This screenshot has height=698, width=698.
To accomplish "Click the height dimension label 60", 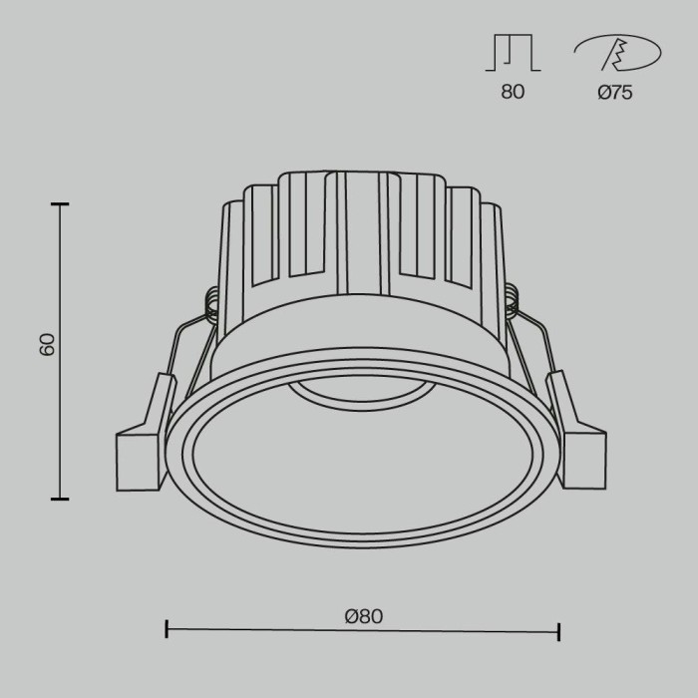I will point(47,345).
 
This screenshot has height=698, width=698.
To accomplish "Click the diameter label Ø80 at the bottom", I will point(364,616).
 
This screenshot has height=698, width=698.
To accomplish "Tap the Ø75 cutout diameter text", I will point(615,93).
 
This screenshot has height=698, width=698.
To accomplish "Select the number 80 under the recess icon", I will point(513,93).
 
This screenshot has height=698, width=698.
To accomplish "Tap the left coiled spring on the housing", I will point(211,302).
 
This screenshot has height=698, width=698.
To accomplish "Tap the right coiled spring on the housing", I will point(514,300).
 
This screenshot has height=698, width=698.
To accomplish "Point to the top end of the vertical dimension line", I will point(62,204).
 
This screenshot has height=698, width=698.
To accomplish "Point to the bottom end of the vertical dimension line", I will point(62,498).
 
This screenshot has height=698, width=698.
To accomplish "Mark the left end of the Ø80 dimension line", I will point(167,630).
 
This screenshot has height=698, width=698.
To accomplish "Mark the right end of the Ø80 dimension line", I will point(558,630).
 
